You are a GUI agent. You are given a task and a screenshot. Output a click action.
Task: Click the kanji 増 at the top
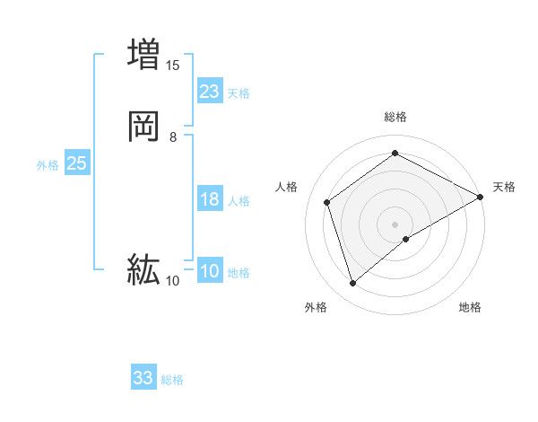pos(143,54)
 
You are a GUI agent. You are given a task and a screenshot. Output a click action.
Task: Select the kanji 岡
pos(143,126)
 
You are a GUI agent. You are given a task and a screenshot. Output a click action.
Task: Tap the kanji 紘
pos(143,268)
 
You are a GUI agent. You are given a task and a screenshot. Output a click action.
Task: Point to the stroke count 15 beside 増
pos(173,66)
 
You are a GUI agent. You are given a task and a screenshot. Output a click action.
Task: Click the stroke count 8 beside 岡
pos(173,137)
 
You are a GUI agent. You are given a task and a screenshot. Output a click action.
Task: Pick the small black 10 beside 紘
pos(173,281)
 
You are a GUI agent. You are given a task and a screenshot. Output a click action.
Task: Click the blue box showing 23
pos(210,92)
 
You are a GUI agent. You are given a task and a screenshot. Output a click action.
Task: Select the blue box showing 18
pos(210,199)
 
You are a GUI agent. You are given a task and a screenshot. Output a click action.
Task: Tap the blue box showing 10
pos(210,271)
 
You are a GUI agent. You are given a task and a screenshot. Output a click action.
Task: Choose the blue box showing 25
pos(77,163)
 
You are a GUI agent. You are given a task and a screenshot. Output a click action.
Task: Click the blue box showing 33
pos(143,378)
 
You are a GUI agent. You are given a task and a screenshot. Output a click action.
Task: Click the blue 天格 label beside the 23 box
pos(239,93)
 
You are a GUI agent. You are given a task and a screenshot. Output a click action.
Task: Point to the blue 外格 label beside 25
pos(48,165)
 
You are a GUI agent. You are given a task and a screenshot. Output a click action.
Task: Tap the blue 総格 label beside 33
pos(172,380)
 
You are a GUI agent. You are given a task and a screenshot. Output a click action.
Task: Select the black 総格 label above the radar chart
pos(395,118)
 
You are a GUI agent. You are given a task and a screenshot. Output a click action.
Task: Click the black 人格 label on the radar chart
pos(287,187)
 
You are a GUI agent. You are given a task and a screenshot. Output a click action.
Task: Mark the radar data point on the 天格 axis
pos(481,196)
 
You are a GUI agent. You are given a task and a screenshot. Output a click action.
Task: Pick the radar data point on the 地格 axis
pos(406,239)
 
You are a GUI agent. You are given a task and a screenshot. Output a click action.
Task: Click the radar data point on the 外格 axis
pos(352,284)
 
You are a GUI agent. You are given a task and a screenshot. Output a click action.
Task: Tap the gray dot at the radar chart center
pos(395,224)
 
